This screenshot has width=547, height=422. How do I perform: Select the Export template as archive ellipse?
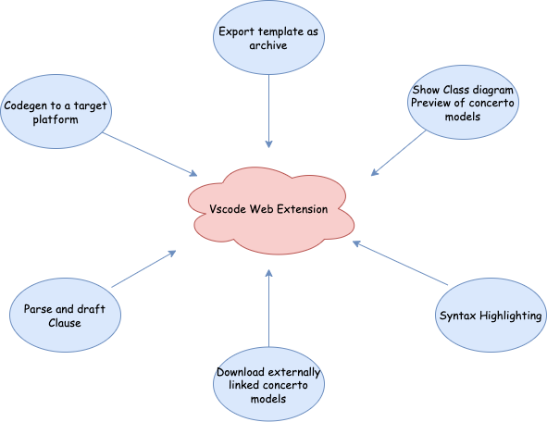point(268,37)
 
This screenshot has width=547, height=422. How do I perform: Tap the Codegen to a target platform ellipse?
point(56,112)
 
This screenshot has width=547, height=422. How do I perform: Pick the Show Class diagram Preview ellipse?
point(463,102)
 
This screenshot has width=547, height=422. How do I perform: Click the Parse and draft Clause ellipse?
point(65,315)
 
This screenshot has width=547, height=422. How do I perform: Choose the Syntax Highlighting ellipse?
point(491,315)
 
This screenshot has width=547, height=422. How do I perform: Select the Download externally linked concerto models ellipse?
point(268,384)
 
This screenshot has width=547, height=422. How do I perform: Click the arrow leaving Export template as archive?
point(268,111)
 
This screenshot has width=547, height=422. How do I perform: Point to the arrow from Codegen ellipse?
point(150,155)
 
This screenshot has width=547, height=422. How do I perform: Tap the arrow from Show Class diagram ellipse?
point(398,153)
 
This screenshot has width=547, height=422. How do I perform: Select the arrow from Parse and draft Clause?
point(143,269)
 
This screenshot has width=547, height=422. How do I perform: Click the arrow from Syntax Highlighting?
point(400,263)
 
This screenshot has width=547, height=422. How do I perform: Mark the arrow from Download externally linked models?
point(268,308)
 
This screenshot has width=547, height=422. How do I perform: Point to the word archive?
point(268,45)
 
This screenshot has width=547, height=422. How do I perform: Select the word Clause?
point(65,323)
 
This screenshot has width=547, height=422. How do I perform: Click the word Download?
point(240,372)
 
